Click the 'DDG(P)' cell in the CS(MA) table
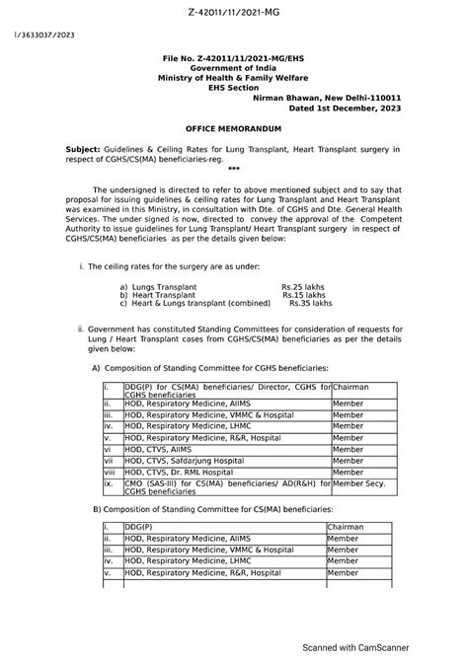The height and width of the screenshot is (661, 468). tap(137, 527)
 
